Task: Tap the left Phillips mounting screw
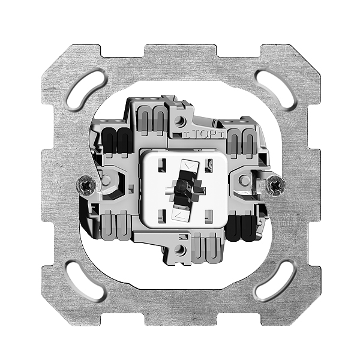[x=86, y=185]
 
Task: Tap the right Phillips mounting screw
[x=275, y=186]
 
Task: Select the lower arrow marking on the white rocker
[x=179, y=215]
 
